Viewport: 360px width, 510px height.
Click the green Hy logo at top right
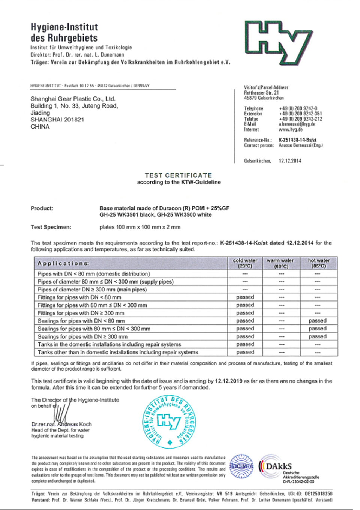point(279,42)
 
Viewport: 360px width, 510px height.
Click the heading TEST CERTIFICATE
point(178,175)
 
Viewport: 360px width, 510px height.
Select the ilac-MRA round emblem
point(241,466)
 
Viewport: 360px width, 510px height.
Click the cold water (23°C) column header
point(245,263)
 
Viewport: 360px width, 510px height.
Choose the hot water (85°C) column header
point(319,263)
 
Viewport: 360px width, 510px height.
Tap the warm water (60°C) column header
point(280,263)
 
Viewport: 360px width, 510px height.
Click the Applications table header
point(64,263)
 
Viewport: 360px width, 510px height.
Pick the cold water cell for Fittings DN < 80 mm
point(245,297)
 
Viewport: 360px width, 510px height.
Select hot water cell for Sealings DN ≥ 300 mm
point(318,336)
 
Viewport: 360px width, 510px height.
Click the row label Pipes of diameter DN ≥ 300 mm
point(92,289)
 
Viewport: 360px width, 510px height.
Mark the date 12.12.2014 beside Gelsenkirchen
point(290,161)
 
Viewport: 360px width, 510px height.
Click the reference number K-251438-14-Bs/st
point(297,140)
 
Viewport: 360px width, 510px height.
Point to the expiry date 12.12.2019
point(228,381)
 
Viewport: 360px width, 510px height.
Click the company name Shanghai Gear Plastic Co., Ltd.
point(73,99)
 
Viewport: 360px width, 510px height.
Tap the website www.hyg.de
point(290,129)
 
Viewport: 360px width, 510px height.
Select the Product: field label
point(42,208)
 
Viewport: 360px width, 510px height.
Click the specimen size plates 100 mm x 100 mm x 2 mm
point(140,227)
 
